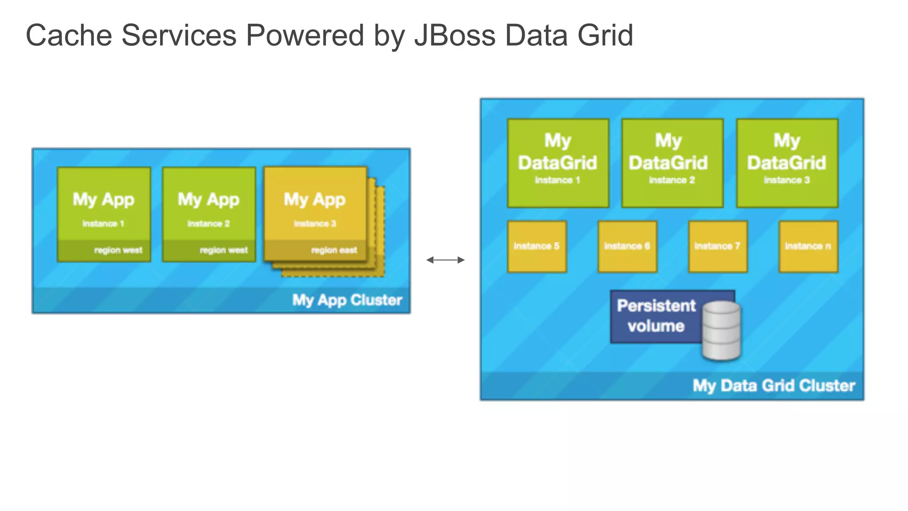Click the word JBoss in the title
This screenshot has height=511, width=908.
[x=454, y=35]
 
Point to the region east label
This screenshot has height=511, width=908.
[x=334, y=250]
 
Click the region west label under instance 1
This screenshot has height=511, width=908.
[x=118, y=250]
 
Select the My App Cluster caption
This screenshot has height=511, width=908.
[x=347, y=300]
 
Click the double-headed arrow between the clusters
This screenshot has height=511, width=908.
[x=445, y=260]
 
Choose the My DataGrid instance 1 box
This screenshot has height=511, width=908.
[x=558, y=162]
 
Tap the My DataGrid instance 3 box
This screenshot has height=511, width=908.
[x=787, y=162]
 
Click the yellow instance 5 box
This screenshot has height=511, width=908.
[x=537, y=246]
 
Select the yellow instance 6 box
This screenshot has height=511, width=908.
[x=627, y=246]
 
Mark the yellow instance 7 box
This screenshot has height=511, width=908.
[x=717, y=246]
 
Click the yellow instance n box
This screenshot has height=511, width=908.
[x=808, y=246]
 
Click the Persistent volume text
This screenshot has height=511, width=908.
[x=656, y=316]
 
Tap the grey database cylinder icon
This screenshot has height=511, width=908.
[x=721, y=330]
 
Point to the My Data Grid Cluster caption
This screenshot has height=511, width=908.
[x=774, y=385]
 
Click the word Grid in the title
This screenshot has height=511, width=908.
[x=605, y=35]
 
